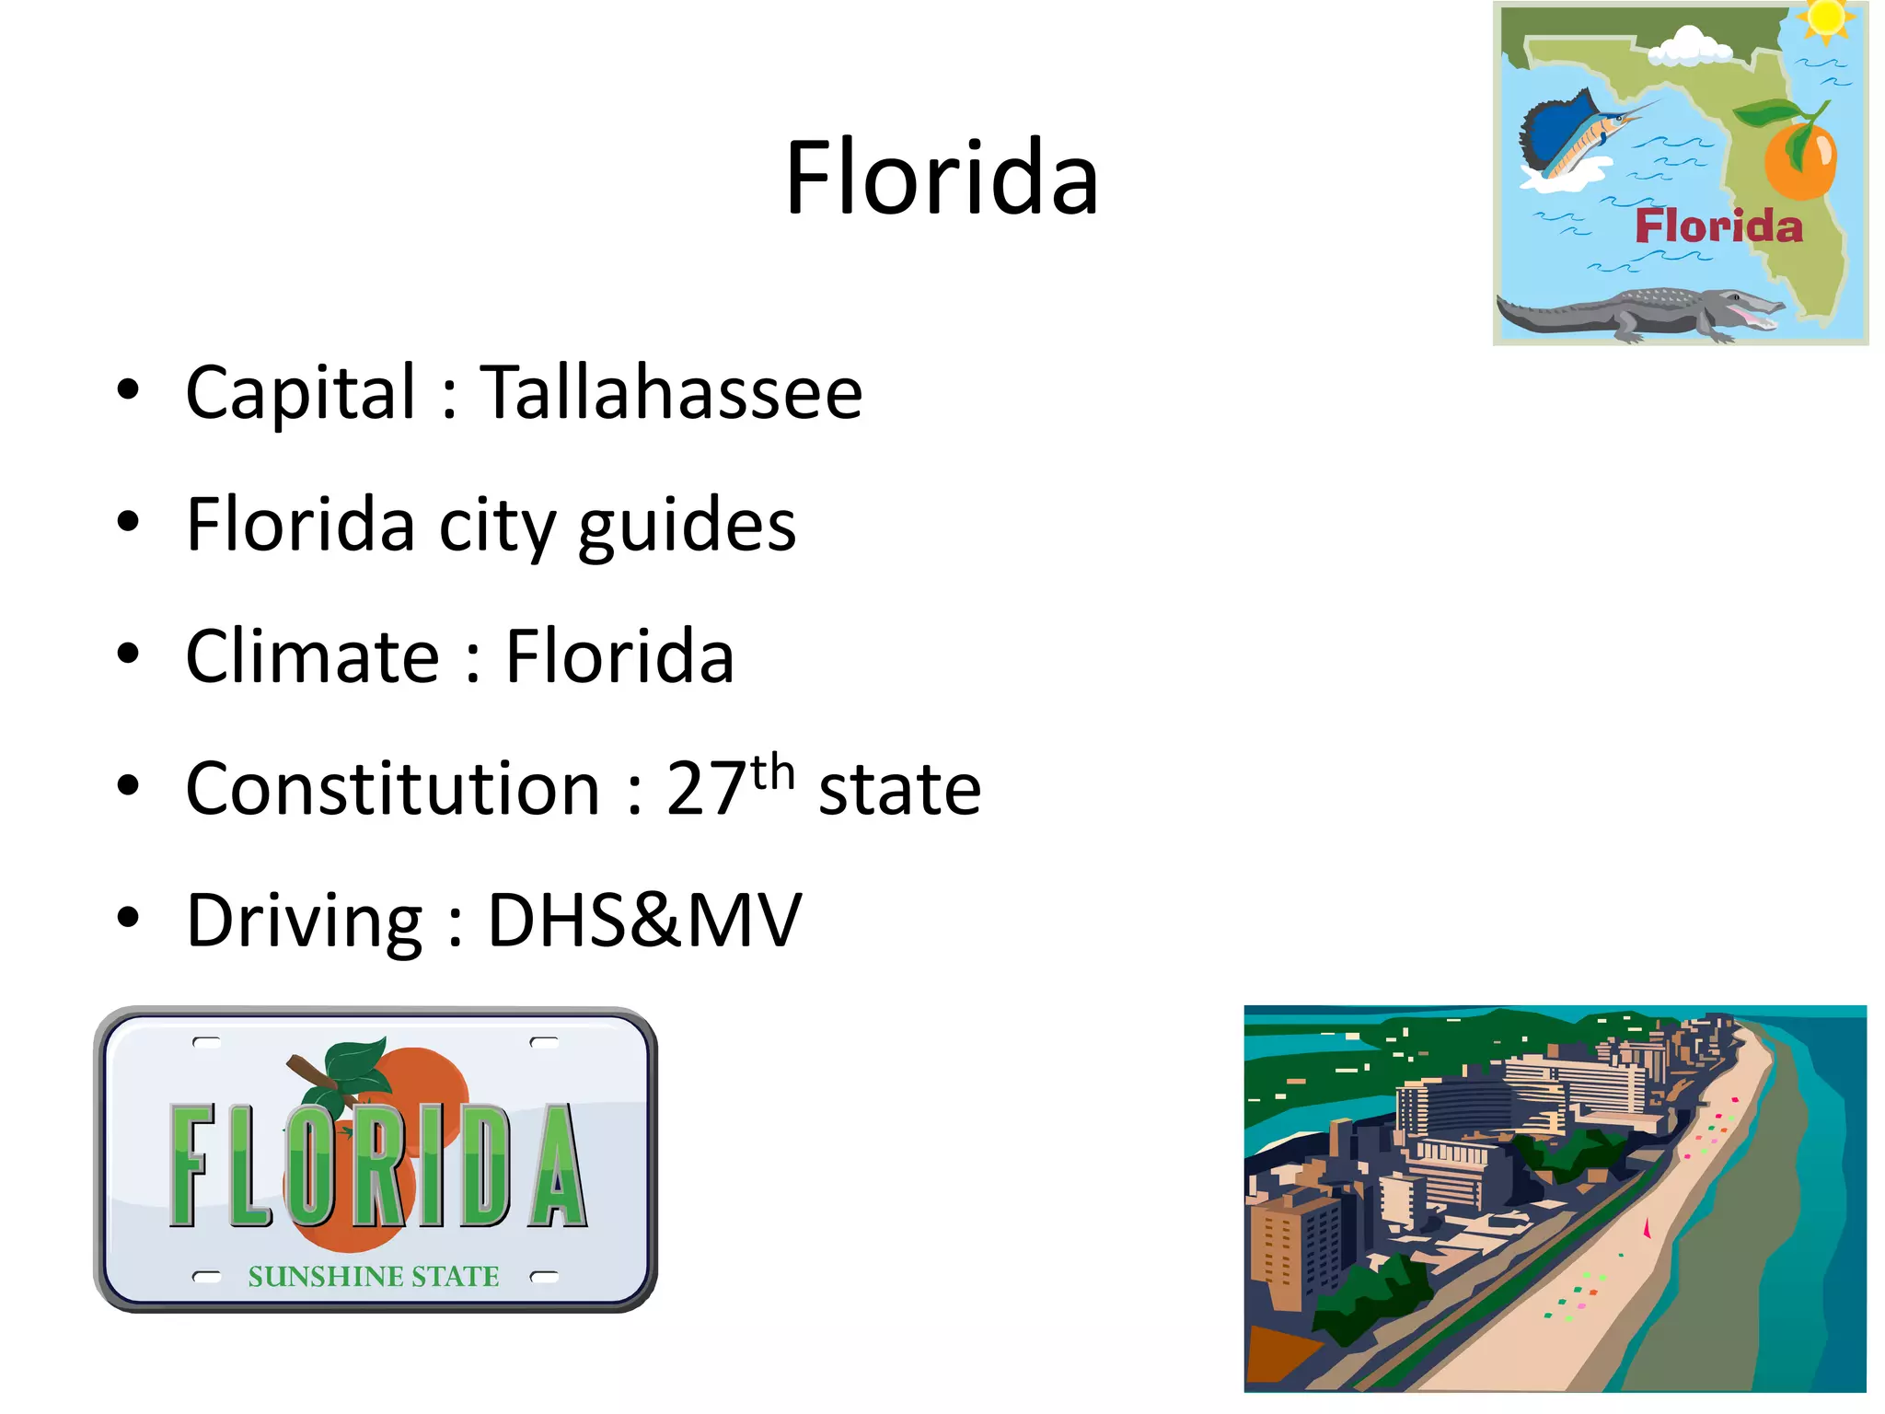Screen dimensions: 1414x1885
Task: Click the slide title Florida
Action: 942,177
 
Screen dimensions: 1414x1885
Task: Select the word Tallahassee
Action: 671,393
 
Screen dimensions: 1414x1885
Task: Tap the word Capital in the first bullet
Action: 301,393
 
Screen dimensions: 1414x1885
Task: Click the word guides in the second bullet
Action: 687,526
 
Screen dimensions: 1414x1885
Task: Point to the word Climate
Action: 313,656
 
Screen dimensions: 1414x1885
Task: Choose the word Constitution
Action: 393,789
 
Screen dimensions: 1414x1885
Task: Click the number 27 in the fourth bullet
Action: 706,789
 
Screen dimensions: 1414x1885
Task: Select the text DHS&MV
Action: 644,920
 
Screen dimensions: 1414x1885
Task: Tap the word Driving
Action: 305,921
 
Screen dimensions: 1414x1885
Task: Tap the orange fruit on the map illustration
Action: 1799,161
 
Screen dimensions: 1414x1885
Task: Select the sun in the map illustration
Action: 1826,18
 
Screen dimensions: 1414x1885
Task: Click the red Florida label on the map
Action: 1718,226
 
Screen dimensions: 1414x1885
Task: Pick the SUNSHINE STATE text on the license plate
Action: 374,1276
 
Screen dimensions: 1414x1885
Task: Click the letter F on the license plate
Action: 193,1165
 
